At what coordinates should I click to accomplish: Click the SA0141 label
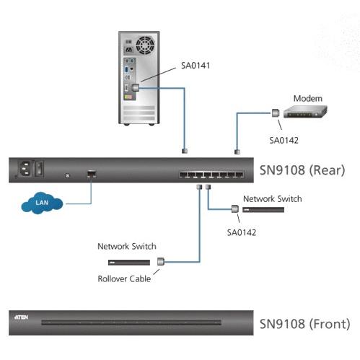click(x=196, y=66)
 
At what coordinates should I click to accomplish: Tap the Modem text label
click(x=308, y=98)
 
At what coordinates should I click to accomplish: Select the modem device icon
click(x=305, y=112)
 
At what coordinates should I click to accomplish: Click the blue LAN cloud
click(x=42, y=203)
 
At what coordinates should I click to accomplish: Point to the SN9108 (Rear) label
click(x=302, y=170)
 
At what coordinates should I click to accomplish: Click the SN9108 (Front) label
click(x=304, y=324)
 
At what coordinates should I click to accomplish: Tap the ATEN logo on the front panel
click(x=21, y=317)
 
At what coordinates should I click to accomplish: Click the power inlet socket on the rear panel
click(x=25, y=168)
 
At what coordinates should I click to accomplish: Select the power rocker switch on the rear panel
click(x=40, y=168)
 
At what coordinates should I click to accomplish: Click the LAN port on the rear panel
click(x=92, y=173)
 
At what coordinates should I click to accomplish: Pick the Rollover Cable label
click(x=124, y=278)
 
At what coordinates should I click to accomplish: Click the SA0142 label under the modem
click(x=284, y=140)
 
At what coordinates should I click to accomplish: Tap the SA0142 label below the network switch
click(x=242, y=232)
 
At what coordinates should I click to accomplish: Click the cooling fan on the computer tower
click(x=145, y=45)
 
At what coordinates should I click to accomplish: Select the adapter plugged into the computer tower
click(x=136, y=87)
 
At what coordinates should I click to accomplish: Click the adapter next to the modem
click(x=276, y=113)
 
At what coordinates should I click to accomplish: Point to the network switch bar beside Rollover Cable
click(x=129, y=263)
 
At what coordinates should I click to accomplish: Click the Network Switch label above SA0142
click(x=273, y=199)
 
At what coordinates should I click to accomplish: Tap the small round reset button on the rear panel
click(x=68, y=175)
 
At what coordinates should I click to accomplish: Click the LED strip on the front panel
click(x=131, y=322)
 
